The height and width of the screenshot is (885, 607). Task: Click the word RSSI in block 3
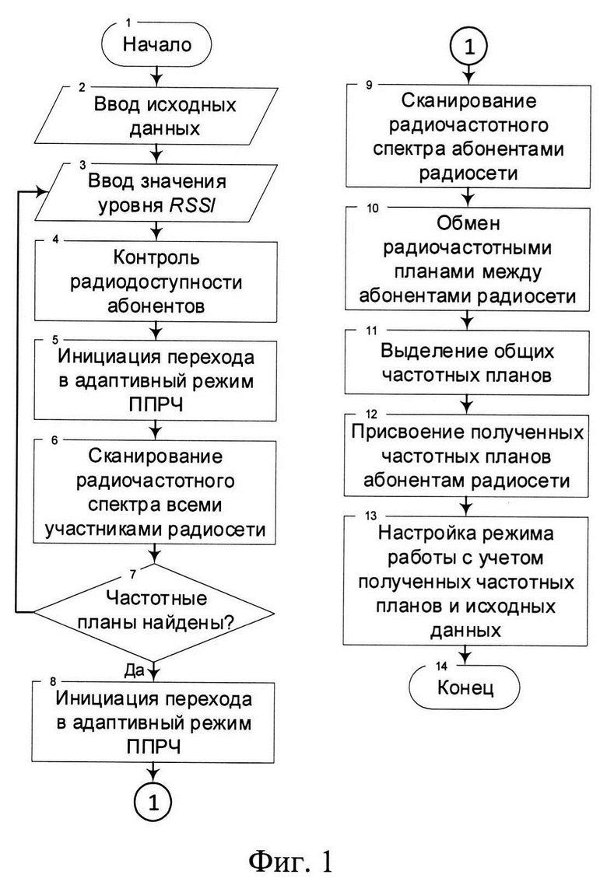point(192,206)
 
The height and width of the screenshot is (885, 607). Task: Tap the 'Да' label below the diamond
point(135,670)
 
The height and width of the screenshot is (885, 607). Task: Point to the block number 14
point(441,666)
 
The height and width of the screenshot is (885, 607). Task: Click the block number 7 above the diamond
point(133,575)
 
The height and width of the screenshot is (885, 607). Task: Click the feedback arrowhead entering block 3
point(40,192)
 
